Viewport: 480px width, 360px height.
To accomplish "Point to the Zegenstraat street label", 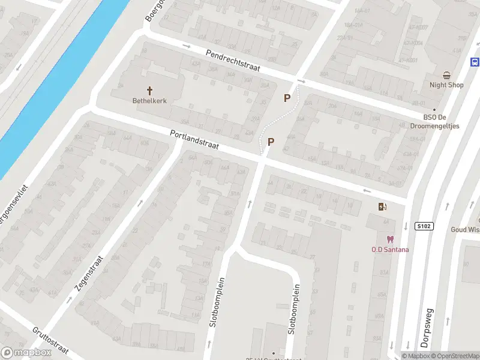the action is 89,274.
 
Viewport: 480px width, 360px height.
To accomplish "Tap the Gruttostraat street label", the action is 51,339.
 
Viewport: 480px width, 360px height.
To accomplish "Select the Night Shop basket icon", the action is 447,75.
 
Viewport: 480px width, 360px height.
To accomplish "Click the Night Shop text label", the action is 447,85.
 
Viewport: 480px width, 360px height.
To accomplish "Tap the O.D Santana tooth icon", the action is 391,239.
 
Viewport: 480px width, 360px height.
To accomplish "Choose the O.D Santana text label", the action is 391,250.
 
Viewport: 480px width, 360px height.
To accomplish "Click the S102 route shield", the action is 424,226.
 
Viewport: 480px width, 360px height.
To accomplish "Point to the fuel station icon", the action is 382,207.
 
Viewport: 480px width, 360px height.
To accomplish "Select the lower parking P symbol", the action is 271,142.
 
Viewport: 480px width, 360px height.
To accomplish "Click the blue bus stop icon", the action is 475,62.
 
